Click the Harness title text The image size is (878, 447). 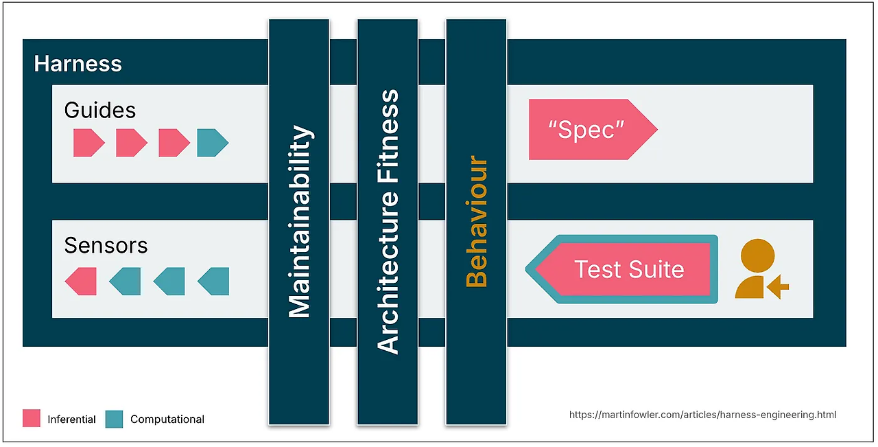(78, 64)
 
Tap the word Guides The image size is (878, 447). (100, 111)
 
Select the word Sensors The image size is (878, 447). (106, 246)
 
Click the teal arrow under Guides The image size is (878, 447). (213, 143)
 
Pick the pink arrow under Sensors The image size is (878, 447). (81, 282)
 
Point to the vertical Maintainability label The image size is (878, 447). (300, 221)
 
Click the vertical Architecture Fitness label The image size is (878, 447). (388, 222)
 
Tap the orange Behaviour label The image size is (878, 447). (476, 221)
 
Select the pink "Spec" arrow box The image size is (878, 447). (593, 130)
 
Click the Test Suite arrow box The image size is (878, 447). (621, 269)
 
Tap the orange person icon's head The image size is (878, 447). (757, 255)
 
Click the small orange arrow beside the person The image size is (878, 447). (778, 287)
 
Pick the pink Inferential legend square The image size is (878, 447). (32, 418)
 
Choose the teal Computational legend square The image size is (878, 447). (114, 419)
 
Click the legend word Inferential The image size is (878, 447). (72, 420)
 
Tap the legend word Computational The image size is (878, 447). (167, 420)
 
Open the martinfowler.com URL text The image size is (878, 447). (703, 415)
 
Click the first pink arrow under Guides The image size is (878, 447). (89, 143)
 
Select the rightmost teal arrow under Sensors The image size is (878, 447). (213, 282)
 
